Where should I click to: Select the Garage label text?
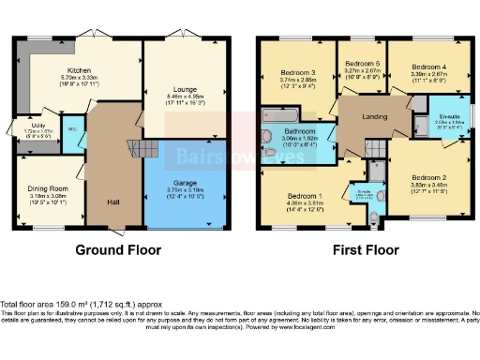(183, 183)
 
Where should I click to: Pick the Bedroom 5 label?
(362, 63)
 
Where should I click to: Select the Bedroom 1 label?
(306, 197)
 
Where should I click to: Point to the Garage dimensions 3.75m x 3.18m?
(183, 190)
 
